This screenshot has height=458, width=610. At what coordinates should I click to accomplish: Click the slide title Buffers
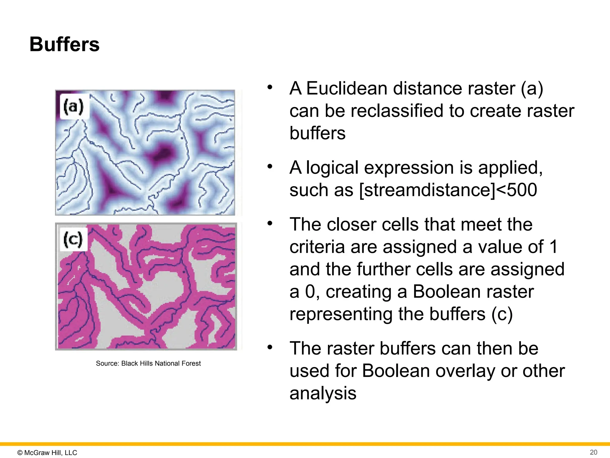(64, 44)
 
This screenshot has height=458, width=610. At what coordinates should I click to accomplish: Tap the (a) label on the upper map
(73, 106)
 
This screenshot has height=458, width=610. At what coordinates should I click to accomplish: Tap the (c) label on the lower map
(73, 239)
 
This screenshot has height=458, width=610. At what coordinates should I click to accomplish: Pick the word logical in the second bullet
(332, 168)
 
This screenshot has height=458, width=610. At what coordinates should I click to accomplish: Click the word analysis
(323, 393)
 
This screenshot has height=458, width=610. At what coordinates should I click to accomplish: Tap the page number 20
(593, 452)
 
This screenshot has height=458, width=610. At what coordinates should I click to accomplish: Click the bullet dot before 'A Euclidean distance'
(270, 87)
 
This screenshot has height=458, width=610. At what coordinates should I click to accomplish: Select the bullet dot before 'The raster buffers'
(270, 347)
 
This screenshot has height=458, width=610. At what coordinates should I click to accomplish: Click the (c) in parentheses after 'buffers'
(502, 314)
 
